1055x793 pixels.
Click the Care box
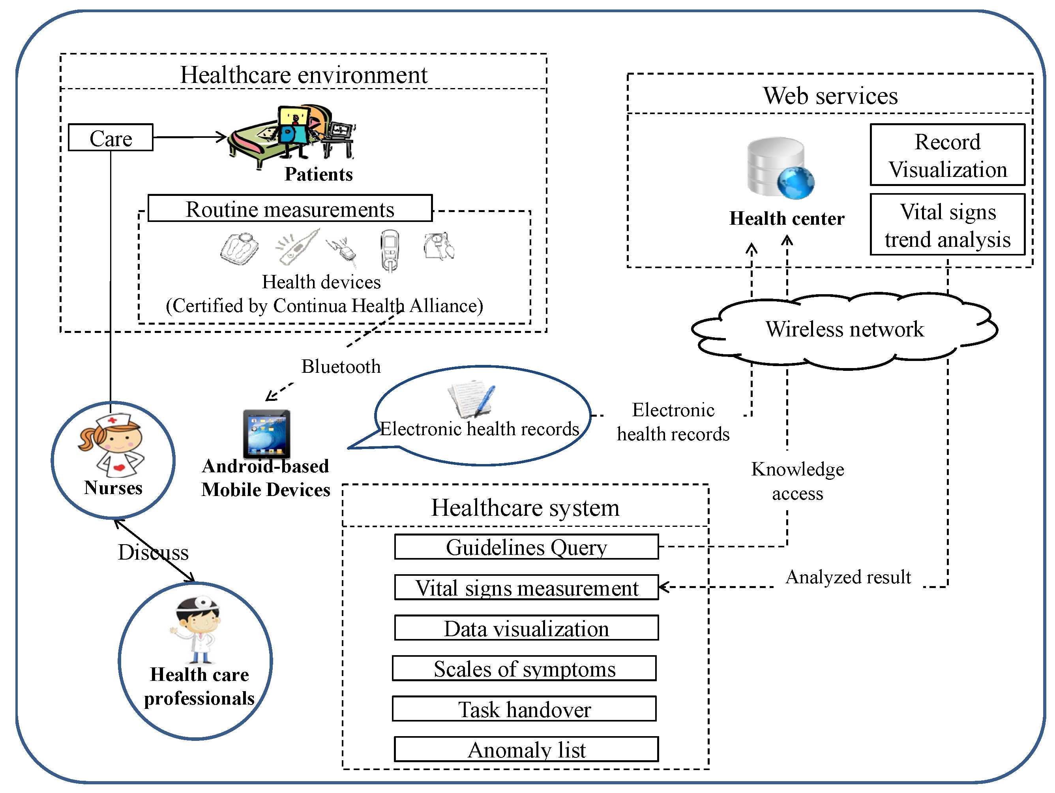[111, 138]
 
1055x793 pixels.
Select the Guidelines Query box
[526, 547]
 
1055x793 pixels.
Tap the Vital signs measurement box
[526, 587]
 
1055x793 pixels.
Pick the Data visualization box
[526, 628]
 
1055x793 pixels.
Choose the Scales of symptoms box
[524, 669]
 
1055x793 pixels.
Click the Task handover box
[524, 709]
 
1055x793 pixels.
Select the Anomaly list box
[526, 750]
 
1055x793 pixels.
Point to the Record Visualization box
[947, 155]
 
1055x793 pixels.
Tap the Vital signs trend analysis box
[947, 225]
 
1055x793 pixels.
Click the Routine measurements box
[290, 209]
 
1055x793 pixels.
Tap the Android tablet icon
[267, 434]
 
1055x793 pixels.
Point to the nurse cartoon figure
[112, 445]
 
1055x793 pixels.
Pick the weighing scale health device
[240, 248]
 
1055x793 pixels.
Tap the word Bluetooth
[341, 366]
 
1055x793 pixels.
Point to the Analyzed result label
[848, 577]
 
